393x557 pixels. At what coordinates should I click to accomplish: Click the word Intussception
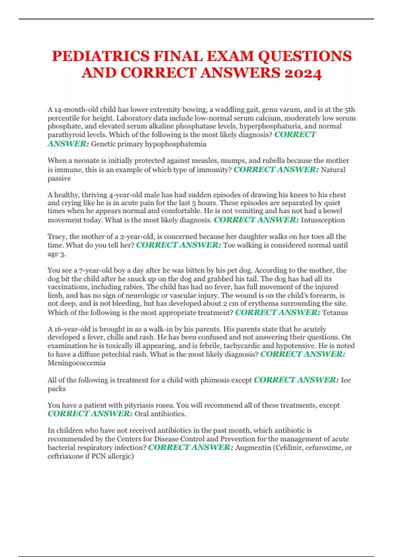323,220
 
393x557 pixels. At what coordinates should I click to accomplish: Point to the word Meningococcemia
77,363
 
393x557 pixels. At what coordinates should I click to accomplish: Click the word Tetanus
335,313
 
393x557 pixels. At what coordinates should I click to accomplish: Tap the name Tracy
57,237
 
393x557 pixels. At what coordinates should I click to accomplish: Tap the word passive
59,179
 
